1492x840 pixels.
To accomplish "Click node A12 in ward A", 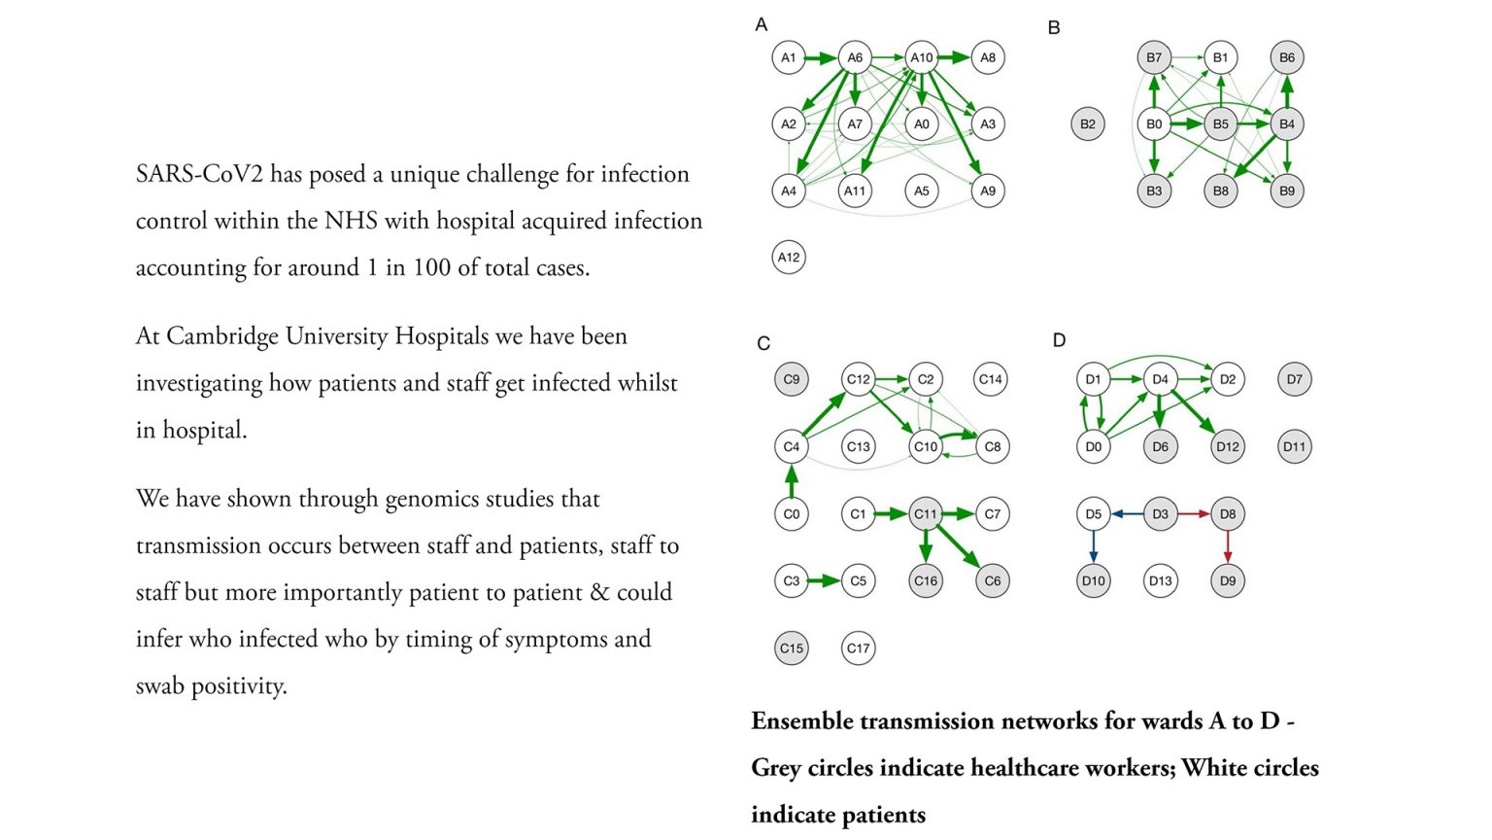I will tap(789, 258).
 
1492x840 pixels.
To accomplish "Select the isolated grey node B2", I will tap(1088, 124).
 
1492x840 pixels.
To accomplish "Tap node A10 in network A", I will tap(921, 58).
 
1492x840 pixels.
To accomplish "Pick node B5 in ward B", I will tap(1220, 124).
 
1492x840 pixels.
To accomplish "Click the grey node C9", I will tap(792, 380).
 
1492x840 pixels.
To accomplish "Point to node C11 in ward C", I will tap(926, 514).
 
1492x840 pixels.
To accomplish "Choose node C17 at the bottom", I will tap(858, 648).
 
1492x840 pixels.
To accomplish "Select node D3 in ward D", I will tap(1161, 514).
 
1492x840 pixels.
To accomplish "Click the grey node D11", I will tap(1294, 447).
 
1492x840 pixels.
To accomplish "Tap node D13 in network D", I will tap(1161, 581).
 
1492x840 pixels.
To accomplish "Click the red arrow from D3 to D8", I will tap(1194, 514).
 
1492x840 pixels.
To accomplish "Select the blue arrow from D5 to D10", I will tap(1094, 547).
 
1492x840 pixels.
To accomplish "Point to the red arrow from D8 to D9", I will tap(1228, 547).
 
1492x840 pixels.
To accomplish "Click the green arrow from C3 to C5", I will tap(824, 581).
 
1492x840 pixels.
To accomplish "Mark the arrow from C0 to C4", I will tap(792, 480).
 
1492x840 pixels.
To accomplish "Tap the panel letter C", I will tap(763, 343).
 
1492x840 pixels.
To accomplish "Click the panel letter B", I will tap(1054, 28).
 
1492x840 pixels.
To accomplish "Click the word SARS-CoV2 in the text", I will tap(199, 175).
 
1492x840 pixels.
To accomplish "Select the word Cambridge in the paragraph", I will tap(230, 336).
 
